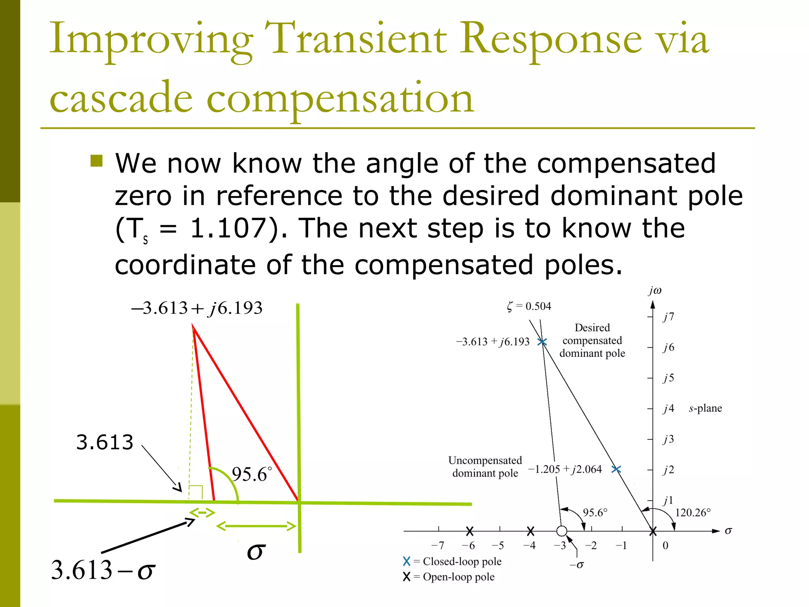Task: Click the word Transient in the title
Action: click(x=356, y=39)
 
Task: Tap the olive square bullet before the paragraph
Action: click(x=96, y=161)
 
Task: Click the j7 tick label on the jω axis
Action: click(x=668, y=317)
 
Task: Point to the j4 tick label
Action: click(x=668, y=408)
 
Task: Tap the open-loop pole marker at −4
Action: click(x=531, y=531)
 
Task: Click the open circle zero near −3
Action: click(x=561, y=531)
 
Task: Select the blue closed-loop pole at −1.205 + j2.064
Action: click(x=616, y=469)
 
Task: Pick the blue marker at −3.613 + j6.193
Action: click(x=542, y=342)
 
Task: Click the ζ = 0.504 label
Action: click(x=529, y=306)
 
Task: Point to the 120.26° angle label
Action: click(x=692, y=513)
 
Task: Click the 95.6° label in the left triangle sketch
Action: click(x=251, y=474)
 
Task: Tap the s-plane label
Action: click(x=705, y=408)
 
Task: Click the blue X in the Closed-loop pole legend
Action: click(x=406, y=562)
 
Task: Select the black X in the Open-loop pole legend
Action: click(x=406, y=577)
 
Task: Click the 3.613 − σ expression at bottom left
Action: click(x=103, y=570)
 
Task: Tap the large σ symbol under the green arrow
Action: click(x=256, y=551)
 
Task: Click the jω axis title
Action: click(x=655, y=290)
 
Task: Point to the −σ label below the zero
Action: click(x=576, y=565)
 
